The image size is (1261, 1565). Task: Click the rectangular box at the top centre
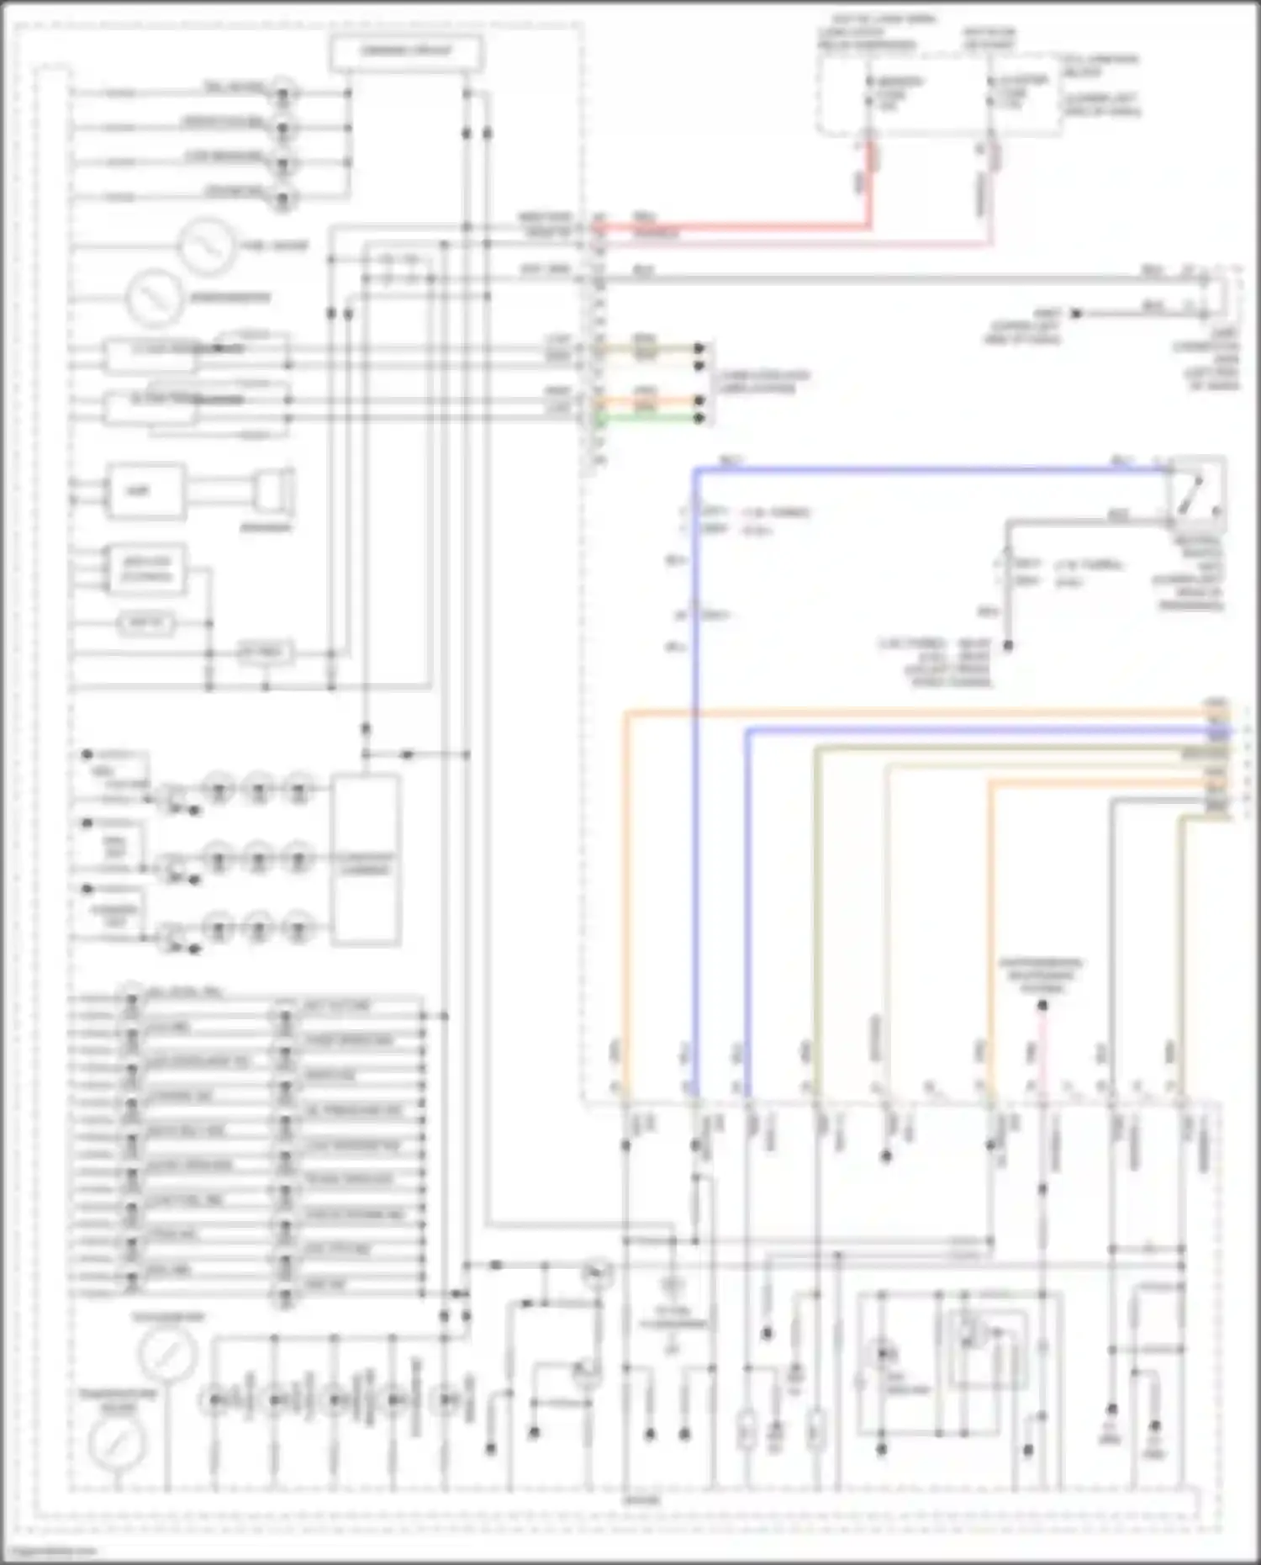(406, 52)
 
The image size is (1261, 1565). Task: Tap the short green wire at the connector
(647, 418)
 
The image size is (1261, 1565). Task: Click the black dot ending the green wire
(699, 418)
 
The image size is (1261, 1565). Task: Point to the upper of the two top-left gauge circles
(206, 246)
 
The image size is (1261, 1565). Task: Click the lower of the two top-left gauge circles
(154, 298)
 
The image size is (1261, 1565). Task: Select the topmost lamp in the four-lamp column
(283, 92)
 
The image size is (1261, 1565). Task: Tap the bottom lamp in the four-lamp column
(283, 198)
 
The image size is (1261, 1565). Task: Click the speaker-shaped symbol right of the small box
(273, 493)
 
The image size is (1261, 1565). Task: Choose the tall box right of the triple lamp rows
(366, 859)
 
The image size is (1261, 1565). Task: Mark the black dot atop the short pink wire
(1042, 1005)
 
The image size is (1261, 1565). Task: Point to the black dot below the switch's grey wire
(1008, 646)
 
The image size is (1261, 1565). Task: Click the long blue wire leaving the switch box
(925, 469)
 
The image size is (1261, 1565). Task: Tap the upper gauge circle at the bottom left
(167, 1353)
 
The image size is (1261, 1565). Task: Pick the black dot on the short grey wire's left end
(1076, 314)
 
